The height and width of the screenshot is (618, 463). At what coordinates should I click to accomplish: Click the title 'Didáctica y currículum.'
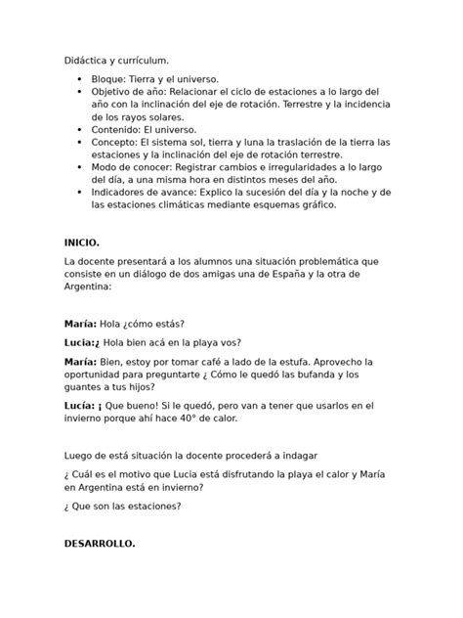(x=112, y=60)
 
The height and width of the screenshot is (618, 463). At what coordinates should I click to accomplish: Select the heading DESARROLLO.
(x=101, y=543)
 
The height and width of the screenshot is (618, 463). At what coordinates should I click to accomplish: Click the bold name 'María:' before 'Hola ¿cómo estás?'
(x=80, y=324)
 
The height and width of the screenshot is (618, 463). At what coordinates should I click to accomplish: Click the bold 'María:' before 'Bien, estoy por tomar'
(x=80, y=360)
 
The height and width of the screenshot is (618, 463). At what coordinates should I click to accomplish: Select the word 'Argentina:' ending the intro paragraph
(x=89, y=287)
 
